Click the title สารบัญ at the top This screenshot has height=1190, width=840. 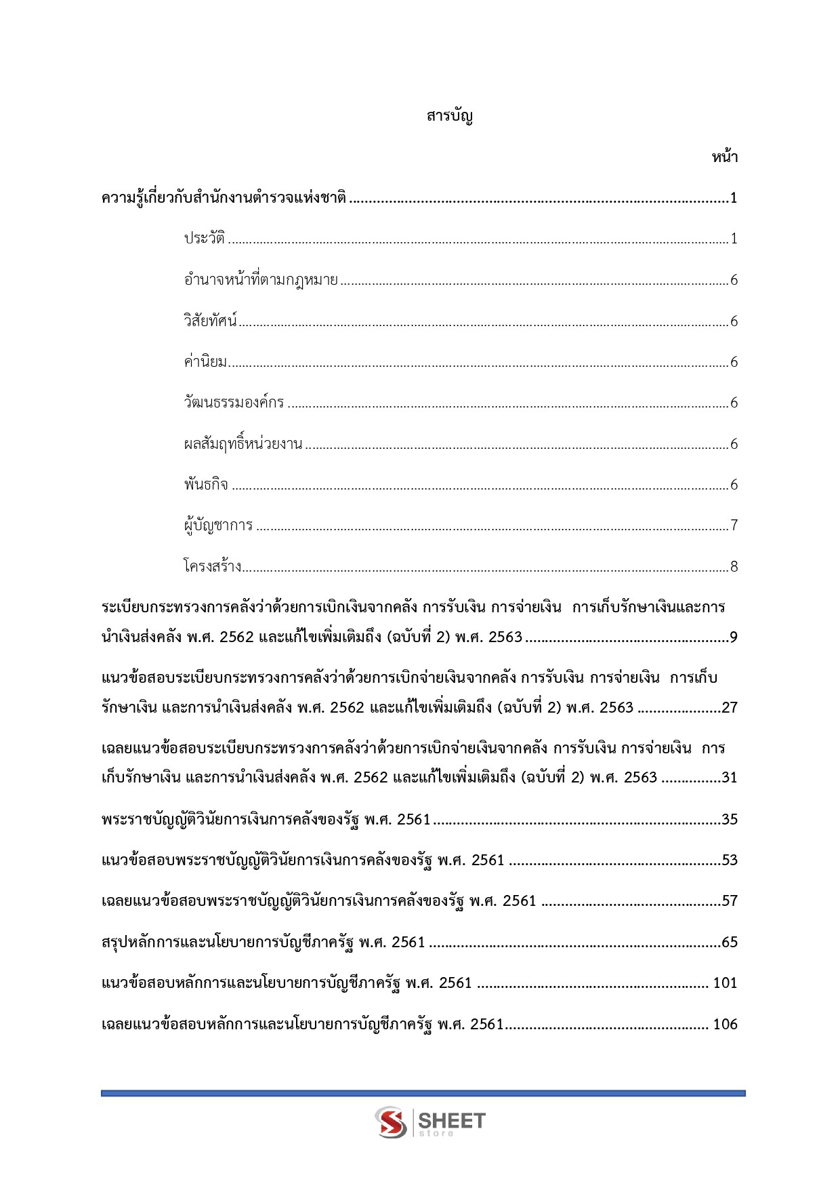(449, 116)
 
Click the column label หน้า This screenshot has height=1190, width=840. (724, 157)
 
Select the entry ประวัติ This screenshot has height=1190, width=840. (204, 239)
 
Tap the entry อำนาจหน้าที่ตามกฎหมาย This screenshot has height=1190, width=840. (261, 280)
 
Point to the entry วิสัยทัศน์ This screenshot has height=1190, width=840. (210, 321)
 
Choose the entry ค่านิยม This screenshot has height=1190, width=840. (205, 362)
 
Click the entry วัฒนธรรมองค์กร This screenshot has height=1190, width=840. (234, 403)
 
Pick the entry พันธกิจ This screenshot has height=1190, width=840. (206, 485)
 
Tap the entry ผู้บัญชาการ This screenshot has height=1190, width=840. (218, 525)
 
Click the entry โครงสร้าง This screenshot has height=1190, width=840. (212, 566)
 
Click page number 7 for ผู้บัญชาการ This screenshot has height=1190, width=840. (734, 525)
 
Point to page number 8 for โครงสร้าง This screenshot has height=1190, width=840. (734, 566)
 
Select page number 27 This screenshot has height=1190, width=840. (730, 708)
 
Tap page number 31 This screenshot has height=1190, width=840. (730, 778)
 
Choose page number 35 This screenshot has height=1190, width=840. (730, 820)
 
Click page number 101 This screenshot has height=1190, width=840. (725, 983)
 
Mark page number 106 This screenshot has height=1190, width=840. (725, 1025)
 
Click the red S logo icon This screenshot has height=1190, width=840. (391, 1122)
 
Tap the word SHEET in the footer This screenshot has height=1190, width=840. (452, 1119)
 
